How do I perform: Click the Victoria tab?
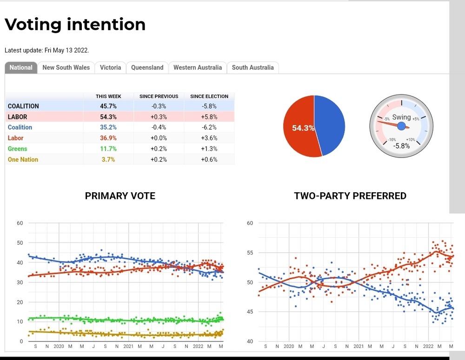pos(110,68)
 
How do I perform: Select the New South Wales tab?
pos(66,68)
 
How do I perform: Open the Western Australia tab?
pos(198,68)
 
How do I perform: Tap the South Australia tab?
pos(252,68)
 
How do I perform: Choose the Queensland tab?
pos(147,68)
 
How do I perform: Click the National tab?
pos(21,68)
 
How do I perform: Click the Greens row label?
pos(18,149)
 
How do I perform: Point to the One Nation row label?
pos(23,160)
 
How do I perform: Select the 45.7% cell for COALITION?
pos(108,106)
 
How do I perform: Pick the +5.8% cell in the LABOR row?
pos(210,117)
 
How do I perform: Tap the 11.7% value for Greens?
pos(108,149)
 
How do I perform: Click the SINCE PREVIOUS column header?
pos(159,97)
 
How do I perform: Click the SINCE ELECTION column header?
pos(209,97)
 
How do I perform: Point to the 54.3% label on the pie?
pos(303,128)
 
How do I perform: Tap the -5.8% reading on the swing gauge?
pos(401,146)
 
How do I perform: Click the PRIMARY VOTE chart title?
pos(120,196)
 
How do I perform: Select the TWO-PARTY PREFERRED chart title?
pos(350,196)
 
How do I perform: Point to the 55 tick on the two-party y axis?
pos(250,253)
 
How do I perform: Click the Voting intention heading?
pos(75,24)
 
